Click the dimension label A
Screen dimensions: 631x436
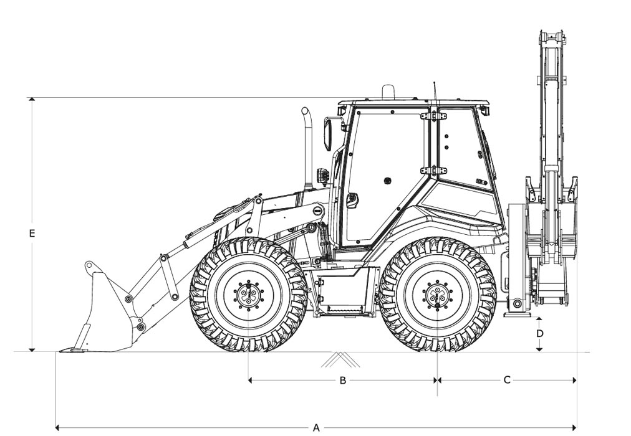click(316, 427)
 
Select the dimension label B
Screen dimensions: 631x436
click(343, 380)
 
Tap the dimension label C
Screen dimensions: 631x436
click(507, 380)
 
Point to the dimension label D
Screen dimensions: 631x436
click(540, 333)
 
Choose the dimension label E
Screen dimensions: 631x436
click(32, 233)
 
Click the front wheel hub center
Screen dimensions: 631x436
click(248, 295)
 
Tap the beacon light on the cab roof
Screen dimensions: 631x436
click(388, 91)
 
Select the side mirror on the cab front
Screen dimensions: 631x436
click(328, 134)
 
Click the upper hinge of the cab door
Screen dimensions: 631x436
click(433, 116)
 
